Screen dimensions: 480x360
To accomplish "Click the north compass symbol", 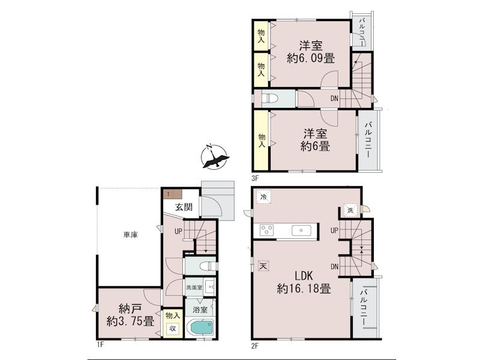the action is click(215, 157).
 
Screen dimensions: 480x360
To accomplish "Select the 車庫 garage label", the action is click(130, 235).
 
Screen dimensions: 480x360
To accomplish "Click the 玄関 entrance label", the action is click(184, 207).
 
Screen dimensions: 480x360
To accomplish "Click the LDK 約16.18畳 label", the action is click(304, 282).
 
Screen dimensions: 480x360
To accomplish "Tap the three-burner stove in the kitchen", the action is click(266, 230).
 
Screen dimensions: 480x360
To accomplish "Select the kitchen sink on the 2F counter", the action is click(302, 230).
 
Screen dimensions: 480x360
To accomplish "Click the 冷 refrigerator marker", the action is click(263, 197).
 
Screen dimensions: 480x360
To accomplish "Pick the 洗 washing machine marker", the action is click(350, 211).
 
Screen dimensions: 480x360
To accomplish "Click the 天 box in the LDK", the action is click(263, 265).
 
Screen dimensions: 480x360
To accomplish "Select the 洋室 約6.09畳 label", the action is click(311, 52).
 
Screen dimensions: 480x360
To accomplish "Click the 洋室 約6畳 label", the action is click(316, 140).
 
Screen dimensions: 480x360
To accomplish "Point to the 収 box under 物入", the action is click(173, 329).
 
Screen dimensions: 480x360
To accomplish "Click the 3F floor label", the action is click(256, 176).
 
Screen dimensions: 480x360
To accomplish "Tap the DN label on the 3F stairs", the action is click(334, 98).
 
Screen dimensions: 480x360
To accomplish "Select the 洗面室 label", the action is click(194, 288).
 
